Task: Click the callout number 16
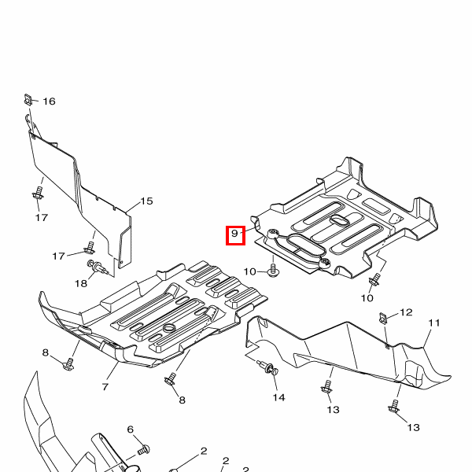(x=49, y=101)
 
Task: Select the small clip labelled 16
(x=28, y=99)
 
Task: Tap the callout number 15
(x=146, y=201)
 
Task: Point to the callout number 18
(x=81, y=283)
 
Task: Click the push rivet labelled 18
(x=97, y=267)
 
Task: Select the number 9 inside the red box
(x=234, y=234)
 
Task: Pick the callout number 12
(x=406, y=312)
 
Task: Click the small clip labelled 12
(x=382, y=318)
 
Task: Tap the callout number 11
(x=434, y=323)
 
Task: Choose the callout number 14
(x=278, y=397)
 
